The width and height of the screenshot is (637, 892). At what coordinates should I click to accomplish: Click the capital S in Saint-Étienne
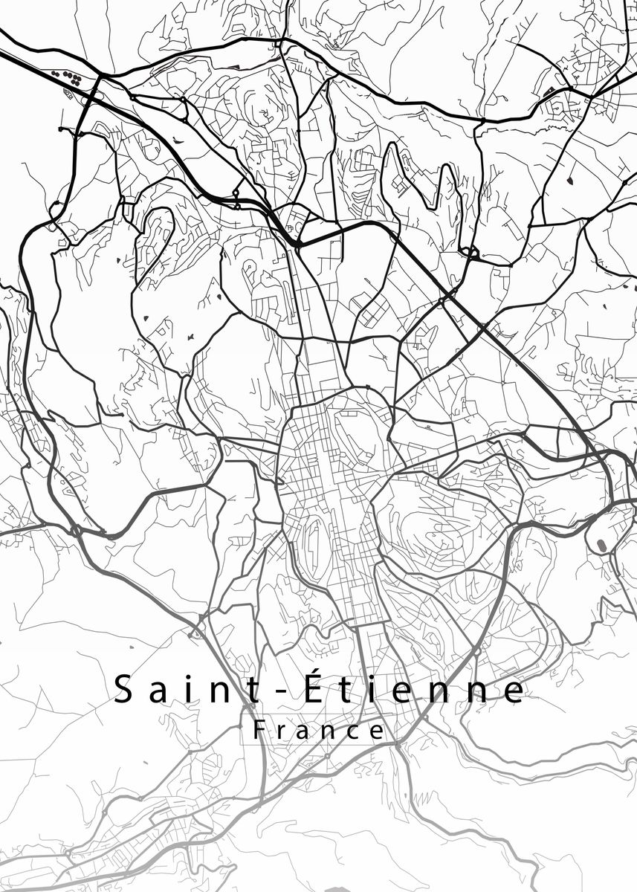123,691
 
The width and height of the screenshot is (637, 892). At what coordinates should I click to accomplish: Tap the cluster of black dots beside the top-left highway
68,75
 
